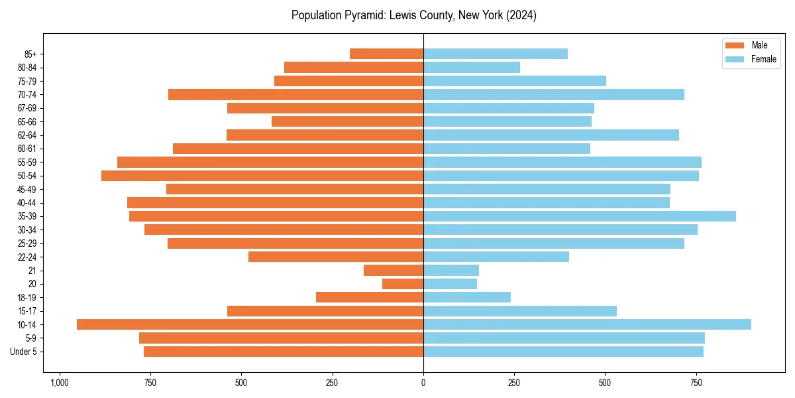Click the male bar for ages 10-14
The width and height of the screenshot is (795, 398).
(x=250, y=324)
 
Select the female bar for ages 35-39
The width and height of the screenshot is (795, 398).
(x=579, y=216)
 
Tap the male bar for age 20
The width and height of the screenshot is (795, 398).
(x=403, y=284)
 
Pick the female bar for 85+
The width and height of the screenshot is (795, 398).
(x=496, y=54)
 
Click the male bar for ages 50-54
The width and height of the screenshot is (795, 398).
(x=262, y=176)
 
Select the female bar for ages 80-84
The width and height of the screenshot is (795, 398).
(x=472, y=68)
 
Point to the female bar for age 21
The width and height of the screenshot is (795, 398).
(x=451, y=270)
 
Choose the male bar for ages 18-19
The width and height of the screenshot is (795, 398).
(x=370, y=297)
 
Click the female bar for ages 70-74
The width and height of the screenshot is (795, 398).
(x=554, y=95)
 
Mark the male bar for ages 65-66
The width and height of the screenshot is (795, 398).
(x=347, y=121)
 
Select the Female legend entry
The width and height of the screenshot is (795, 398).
(x=751, y=59)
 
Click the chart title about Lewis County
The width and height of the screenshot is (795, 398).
(x=413, y=15)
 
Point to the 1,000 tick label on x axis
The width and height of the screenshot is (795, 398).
(x=60, y=383)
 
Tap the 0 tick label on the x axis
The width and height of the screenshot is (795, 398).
(x=423, y=383)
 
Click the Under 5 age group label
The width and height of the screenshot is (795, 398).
(x=23, y=352)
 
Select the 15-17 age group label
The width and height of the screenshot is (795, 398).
(x=26, y=311)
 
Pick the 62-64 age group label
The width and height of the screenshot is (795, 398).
(x=26, y=135)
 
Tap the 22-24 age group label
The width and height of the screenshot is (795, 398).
(x=26, y=257)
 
